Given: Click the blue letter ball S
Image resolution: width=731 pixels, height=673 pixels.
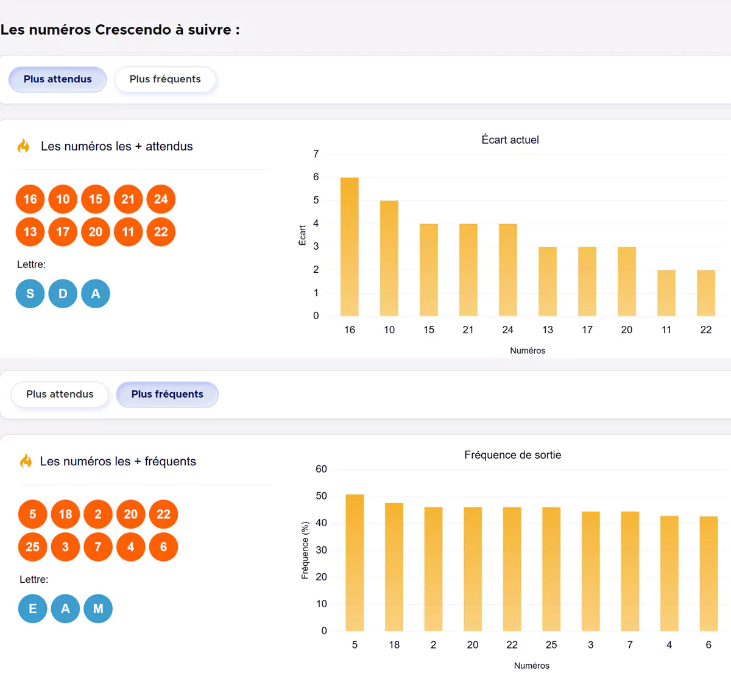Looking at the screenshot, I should (30, 294).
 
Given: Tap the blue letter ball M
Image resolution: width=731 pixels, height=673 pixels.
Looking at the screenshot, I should (98, 608).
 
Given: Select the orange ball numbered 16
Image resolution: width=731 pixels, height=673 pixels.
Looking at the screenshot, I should (30, 199).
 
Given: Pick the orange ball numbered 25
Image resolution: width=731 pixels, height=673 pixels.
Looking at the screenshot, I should (32, 547).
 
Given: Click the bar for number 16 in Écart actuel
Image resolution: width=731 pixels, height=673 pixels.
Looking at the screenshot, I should (349, 247).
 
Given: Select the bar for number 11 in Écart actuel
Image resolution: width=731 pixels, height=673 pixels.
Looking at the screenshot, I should (666, 293).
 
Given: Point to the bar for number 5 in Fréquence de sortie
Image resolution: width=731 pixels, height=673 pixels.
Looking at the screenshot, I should (355, 562).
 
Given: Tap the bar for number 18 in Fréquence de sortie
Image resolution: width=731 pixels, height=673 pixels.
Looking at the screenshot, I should (394, 566).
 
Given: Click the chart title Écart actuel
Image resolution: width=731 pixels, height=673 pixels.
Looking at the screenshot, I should (510, 140).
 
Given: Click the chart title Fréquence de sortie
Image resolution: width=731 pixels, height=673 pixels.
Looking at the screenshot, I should (512, 455).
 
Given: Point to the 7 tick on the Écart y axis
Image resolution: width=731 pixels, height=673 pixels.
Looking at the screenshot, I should (316, 154).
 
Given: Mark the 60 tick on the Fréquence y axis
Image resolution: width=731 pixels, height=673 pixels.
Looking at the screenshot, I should (321, 469).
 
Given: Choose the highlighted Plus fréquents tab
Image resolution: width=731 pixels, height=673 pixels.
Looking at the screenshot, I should (167, 394).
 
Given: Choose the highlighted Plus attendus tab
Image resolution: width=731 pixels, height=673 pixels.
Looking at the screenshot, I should (57, 79).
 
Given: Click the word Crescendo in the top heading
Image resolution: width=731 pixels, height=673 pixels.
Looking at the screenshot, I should (133, 30).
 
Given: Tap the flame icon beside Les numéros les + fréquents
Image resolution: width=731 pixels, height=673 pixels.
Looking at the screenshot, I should (26, 461).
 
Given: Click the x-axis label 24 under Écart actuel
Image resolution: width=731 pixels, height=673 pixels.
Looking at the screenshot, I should (507, 330).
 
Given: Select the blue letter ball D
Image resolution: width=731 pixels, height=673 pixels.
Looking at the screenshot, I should (63, 294).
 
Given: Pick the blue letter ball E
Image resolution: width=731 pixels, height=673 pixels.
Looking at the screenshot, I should (32, 608).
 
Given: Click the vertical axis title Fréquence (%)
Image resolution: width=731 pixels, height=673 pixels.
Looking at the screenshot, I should (305, 550).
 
